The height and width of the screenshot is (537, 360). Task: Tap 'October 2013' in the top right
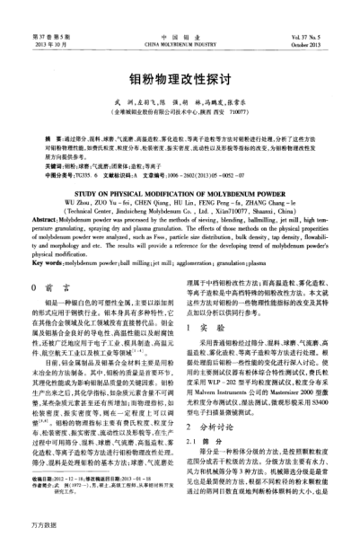tap(320, 40)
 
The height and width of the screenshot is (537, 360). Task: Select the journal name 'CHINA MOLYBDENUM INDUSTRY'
tap(180, 40)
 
